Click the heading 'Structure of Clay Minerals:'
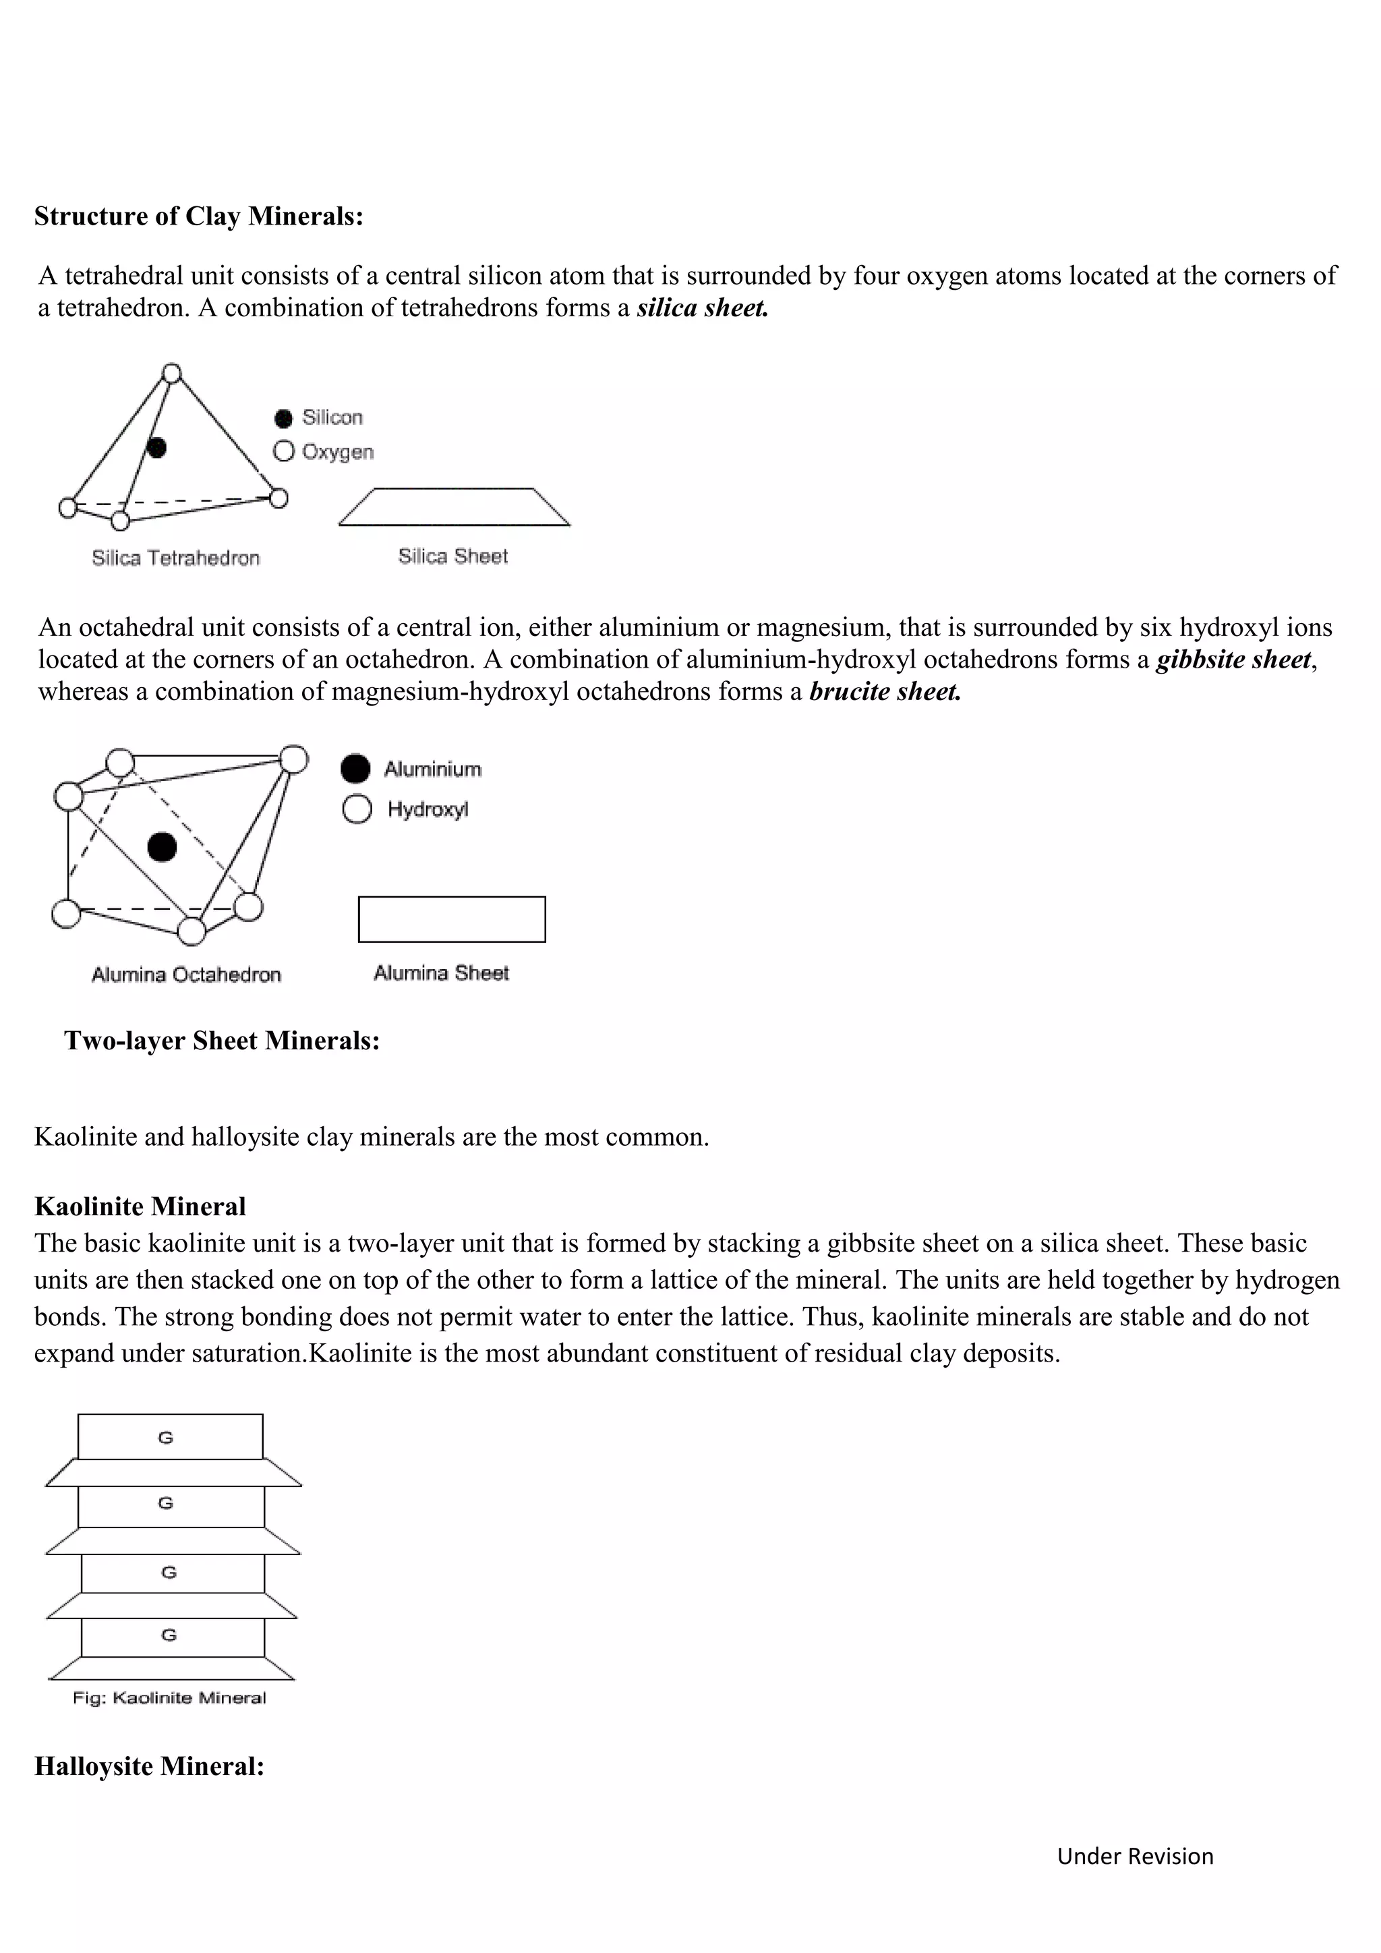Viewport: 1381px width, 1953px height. click(198, 216)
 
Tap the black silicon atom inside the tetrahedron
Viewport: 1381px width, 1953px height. click(156, 447)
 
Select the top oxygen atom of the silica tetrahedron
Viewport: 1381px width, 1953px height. click(172, 374)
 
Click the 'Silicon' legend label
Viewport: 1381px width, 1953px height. click(332, 417)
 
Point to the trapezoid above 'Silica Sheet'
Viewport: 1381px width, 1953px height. click(454, 508)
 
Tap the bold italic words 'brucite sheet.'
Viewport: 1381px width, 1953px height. click(885, 691)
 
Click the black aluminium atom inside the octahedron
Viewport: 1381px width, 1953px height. click(162, 847)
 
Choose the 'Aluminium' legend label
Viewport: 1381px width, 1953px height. click(432, 769)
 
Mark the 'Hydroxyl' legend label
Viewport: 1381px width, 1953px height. click(428, 809)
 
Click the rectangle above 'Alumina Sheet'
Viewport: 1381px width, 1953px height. click(452, 919)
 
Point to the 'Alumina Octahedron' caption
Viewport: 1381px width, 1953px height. click(185, 974)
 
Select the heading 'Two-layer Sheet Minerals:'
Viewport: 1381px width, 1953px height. click(221, 1041)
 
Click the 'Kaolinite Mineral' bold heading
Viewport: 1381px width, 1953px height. click(140, 1206)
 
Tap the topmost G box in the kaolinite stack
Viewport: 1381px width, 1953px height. click(170, 1438)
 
